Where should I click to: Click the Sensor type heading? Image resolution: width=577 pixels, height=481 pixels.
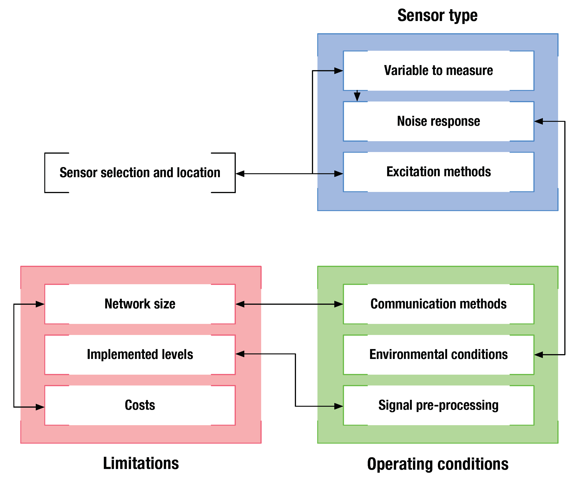click(x=437, y=16)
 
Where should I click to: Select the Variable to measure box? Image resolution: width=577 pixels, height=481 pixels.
click(x=439, y=71)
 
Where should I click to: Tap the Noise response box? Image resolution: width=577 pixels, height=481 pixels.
click(x=439, y=121)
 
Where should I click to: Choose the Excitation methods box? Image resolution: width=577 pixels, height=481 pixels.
click(x=439, y=172)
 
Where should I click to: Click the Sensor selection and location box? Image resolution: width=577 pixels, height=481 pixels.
click(x=140, y=173)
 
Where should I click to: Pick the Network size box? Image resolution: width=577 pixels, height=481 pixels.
click(x=140, y=304)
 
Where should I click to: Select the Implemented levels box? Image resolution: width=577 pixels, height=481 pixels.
click(x=140, y=355)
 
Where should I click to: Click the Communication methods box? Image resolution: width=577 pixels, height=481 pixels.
click(x=439, y=304)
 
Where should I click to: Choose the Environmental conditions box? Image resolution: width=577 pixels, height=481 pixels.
click(x=439, y=355)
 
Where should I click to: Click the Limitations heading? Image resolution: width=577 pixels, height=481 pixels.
click(x=141, y=463)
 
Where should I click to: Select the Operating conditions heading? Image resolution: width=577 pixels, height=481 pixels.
click(x=438, y=464)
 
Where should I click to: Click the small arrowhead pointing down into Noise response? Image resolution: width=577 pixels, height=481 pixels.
click(x=357, y=97)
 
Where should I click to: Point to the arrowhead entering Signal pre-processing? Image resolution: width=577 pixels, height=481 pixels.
click(x=338, y=406)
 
